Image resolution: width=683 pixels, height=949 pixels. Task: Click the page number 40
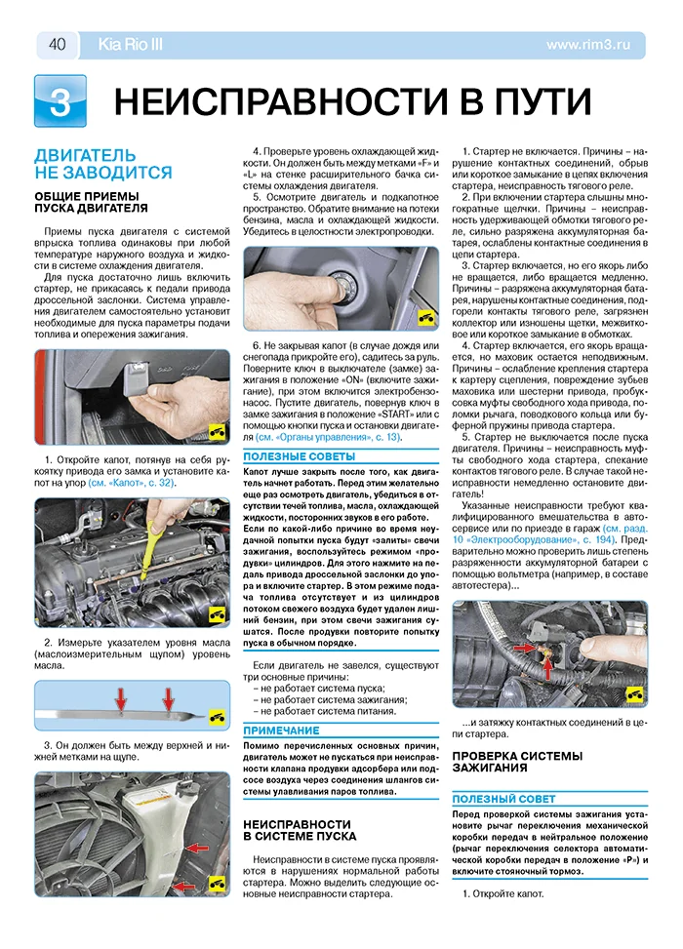pyautogui.click(x=56, y=44)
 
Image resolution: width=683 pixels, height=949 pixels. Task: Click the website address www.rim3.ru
pyautogui.click(x=595, y=44)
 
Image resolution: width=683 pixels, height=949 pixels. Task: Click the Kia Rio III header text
pyautogui.click(x=131, y=44)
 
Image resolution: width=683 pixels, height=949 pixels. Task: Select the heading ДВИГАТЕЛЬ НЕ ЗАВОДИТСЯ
pyautogui.click(x=102, y=163)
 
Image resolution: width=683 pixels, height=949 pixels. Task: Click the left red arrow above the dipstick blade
pyautogui.click(x=121, y=697)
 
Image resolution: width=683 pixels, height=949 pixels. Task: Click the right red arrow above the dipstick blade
pyautogui.click(x=168, y=697)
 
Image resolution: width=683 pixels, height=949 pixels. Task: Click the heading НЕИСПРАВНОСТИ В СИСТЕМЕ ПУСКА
pyautogui.click(x=300, y=829)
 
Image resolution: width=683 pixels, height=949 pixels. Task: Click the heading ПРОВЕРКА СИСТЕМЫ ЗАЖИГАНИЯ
pyautogui.click(x=517, y=763)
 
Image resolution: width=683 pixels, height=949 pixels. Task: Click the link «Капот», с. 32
pyautogui.click(x=133, y=483)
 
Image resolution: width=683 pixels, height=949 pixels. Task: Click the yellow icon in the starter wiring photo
pyautogui.click(x=634, y=692)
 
